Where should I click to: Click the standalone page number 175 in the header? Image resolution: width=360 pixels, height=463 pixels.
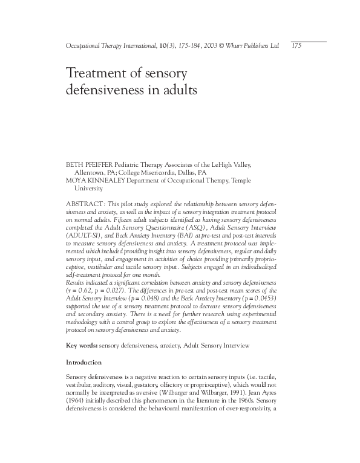(296, 45)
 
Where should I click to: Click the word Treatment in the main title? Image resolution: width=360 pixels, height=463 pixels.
(96, 75)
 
